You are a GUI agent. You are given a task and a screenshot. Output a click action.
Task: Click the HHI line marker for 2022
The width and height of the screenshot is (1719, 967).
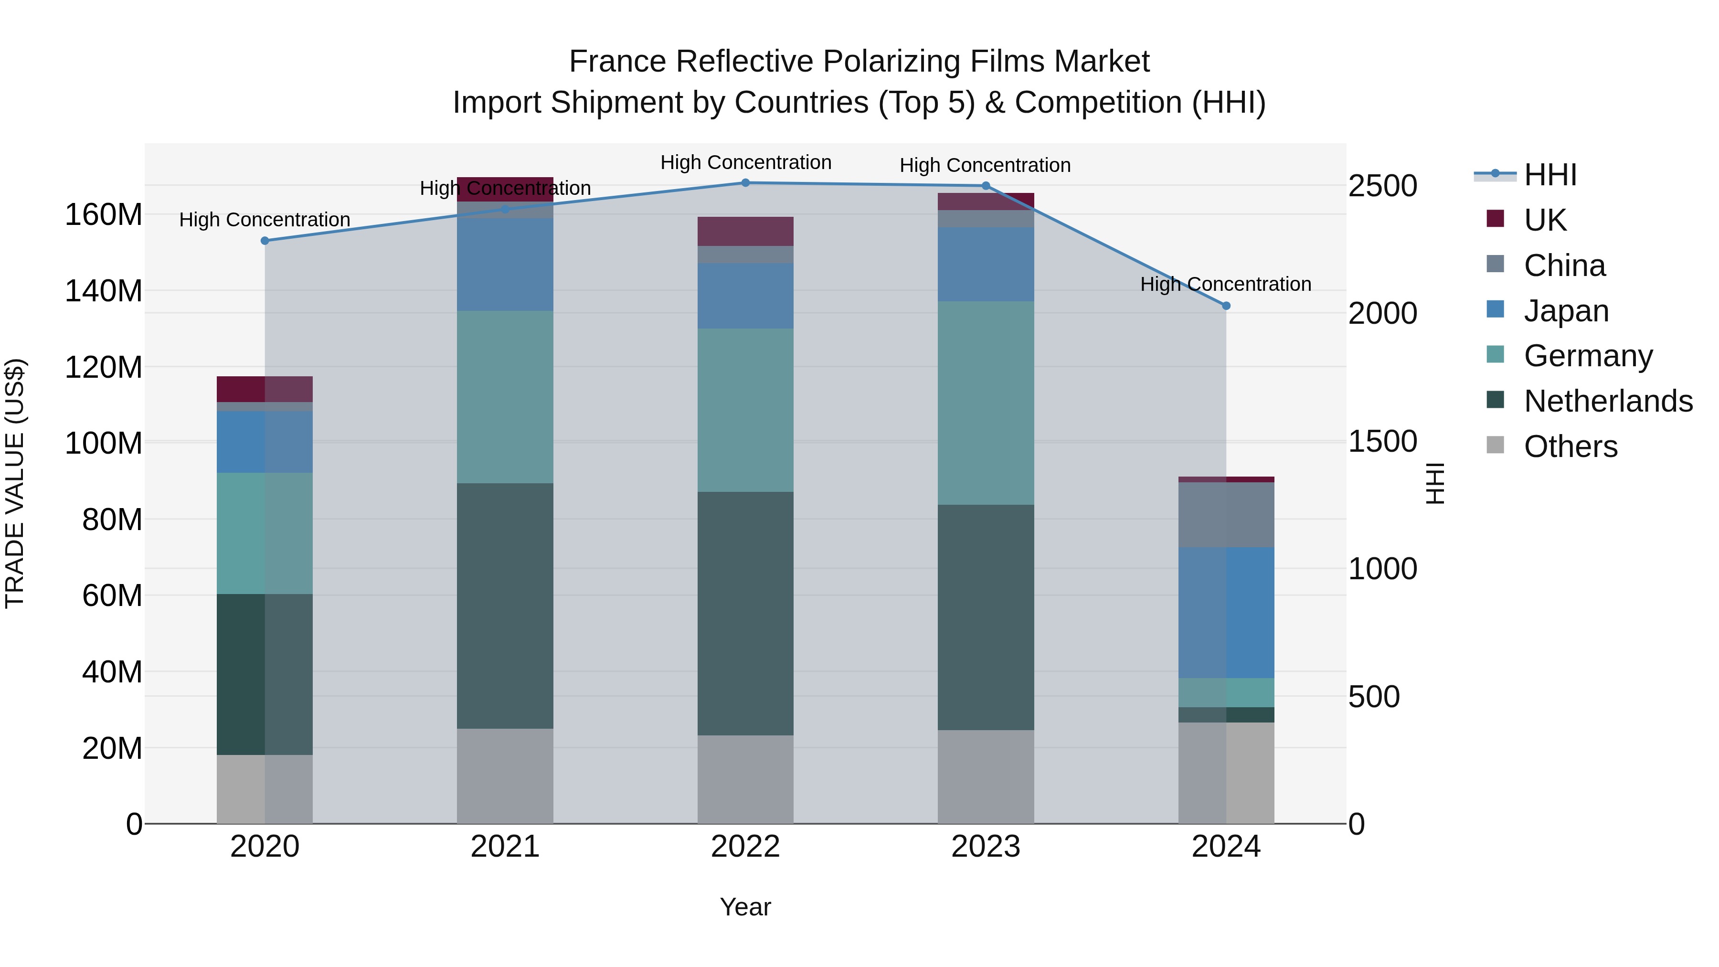click(x=745, y=183)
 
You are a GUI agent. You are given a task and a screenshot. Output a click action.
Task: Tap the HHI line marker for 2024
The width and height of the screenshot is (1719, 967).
click(x=1226, y=306)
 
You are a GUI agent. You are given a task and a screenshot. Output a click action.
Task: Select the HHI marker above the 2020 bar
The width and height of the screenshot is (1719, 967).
click(x=265, y=241)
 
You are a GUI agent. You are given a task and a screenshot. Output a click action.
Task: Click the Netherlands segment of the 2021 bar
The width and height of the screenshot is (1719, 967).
click(x=505, y=606)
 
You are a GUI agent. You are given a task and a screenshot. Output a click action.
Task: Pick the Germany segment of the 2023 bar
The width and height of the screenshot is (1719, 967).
click(x=986, y=403)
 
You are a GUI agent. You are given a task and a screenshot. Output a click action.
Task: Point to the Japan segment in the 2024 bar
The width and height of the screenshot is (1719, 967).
click(x=1226, y=613)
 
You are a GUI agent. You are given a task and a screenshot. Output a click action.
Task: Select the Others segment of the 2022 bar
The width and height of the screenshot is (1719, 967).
click(x=745, y=779)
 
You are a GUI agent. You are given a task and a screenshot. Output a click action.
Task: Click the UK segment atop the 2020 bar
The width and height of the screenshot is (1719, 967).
click(x=265, y=389)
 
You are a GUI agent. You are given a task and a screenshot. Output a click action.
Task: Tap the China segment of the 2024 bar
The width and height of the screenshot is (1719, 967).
click(x=1226, y=514)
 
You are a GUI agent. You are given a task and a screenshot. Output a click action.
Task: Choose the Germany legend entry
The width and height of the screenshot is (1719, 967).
click(x=1588, y=356)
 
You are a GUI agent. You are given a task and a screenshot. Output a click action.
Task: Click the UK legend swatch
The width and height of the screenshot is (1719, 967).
click(x=1496, y=219)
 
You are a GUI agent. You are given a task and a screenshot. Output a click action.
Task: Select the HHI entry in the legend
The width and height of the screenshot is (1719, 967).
click(x=1549, y=175)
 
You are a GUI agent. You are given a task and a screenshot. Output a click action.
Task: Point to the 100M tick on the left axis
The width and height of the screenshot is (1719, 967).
click(x=104, y=443)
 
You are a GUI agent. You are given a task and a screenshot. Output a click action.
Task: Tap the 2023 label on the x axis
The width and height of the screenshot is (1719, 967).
click(x=986, y=847)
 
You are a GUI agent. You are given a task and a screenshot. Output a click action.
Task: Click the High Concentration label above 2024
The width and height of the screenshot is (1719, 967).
click(x=1225, y=284)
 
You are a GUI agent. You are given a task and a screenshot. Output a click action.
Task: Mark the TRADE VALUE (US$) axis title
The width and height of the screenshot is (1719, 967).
click(x=15, y=483)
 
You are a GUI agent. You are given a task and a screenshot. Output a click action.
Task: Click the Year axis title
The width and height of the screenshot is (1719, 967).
click(x=745, y=907)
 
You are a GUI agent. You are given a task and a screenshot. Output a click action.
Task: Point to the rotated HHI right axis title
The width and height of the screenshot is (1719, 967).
click(x=1435, y=483)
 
